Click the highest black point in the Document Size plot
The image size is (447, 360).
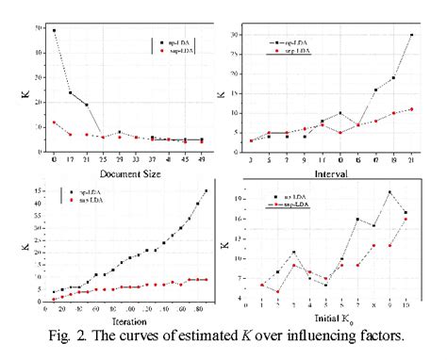point(54,31)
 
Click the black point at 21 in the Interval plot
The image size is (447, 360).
point(411,35)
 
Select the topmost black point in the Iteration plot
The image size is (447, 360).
point(206,191)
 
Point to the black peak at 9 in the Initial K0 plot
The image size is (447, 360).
point(389,192)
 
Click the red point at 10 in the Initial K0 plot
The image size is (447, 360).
point(406,219)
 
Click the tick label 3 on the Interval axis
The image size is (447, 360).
point(251,155)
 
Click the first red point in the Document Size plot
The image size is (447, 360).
point(54,123)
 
